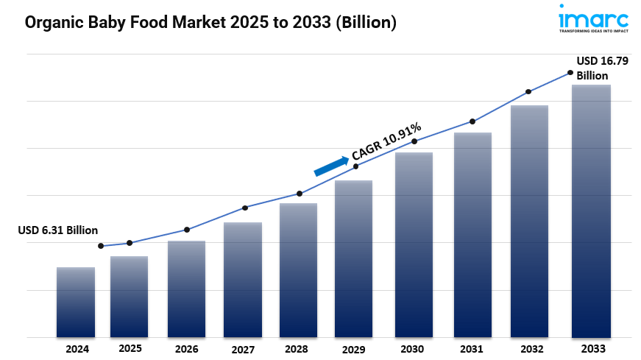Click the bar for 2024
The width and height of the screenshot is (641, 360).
[76, 302]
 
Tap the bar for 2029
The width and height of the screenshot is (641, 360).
[354, 258]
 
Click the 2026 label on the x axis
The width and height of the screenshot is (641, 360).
[186, 349]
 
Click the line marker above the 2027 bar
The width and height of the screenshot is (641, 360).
[245, 208]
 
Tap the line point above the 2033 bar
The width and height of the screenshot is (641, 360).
[570, 72]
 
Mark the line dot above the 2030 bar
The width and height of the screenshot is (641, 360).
[414, 141]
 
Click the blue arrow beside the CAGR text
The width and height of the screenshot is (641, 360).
[331, 166]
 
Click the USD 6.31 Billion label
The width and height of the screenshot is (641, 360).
[57, 230]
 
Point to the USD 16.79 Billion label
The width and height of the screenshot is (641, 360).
[602, 68]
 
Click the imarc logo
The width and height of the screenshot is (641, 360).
[594, 18]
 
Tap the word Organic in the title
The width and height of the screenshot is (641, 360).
[56, 23]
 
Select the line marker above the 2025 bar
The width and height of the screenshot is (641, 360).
[130, 243]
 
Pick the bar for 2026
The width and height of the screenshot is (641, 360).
[186, 289]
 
